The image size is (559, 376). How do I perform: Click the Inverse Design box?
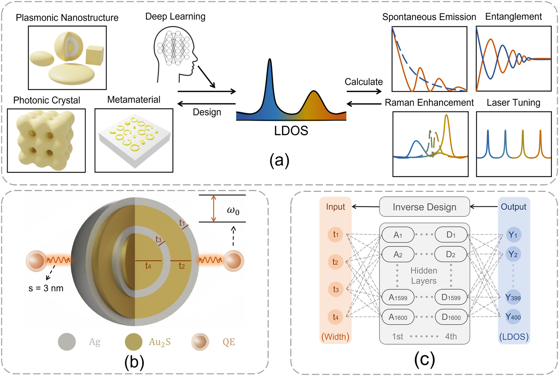tap(424, 207)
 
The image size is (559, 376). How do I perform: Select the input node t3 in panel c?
tap(336, 290)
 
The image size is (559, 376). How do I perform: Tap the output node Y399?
tap(513, 297)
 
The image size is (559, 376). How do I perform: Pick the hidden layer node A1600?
tap(398, 317)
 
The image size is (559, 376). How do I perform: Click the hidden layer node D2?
tap(451, 254)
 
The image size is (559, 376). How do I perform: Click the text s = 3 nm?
tap(46, 288)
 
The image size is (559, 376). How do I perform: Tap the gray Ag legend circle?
tap(67, 342)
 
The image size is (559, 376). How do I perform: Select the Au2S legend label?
tap(159, 342)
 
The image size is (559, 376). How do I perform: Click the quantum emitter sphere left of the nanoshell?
tap(36, 261)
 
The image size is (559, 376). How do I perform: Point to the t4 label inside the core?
tap(148, 266)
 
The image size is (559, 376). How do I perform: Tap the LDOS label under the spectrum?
tap(291, 131)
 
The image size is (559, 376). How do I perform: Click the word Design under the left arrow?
tap(207, 112)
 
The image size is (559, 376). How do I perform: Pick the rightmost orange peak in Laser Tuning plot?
tap(540, 137)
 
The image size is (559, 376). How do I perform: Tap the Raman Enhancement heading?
tap(429, 103)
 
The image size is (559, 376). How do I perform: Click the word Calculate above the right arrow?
tap(364, 82)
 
